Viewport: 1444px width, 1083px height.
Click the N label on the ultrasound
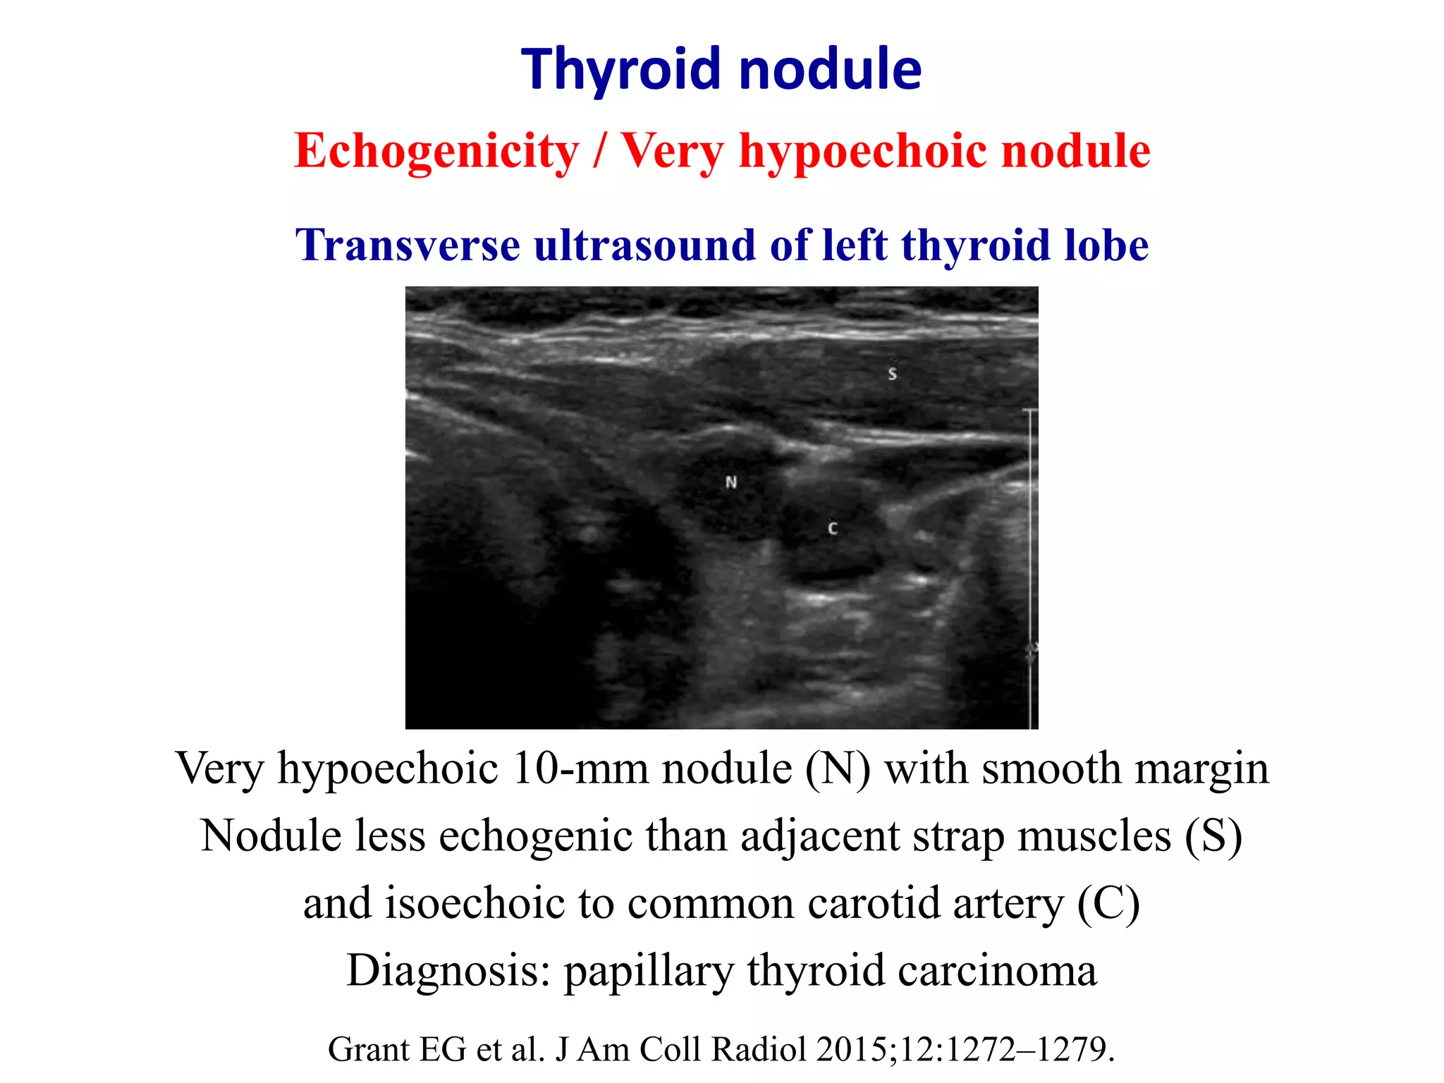click(731, 482)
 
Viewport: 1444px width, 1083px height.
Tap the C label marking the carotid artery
click(833, 528)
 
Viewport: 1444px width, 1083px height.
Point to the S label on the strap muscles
click(893, 374)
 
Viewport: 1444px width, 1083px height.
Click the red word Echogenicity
click(436, 152)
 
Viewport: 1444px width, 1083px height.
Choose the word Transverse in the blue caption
click(408, 245)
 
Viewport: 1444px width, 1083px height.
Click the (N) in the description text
click(838, 768)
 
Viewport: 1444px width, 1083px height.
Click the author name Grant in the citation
click(370, 1049)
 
